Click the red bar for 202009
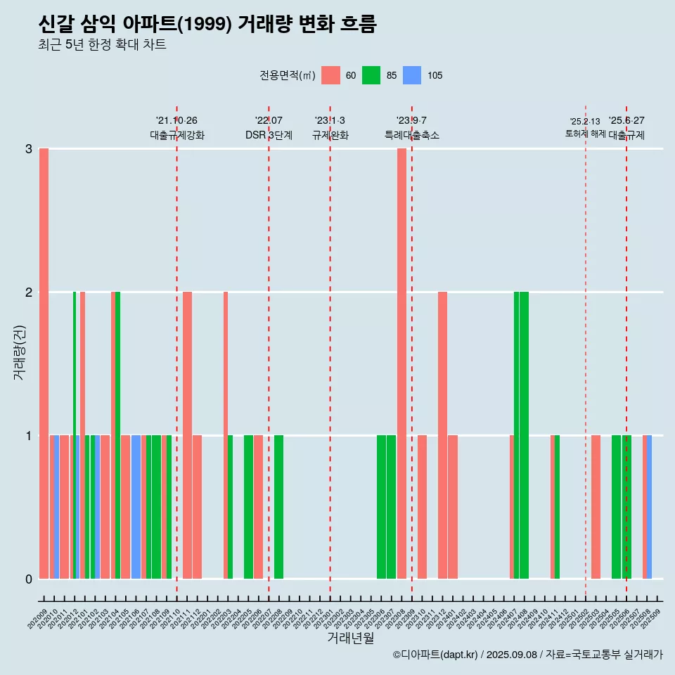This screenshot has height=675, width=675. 44,364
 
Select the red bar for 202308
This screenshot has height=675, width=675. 401,364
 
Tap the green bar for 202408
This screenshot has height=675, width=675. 524,435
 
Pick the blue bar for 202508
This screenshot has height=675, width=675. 649,507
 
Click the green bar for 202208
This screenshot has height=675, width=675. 279,507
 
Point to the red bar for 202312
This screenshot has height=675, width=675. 442,435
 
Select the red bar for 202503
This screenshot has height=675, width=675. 596,507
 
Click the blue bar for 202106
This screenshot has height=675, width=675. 136,507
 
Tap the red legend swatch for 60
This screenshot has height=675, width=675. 330,75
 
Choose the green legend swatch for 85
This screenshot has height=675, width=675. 371,75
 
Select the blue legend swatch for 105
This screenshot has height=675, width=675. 412,75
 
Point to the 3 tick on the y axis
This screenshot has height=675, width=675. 29,149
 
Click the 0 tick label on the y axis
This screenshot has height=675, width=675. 29,579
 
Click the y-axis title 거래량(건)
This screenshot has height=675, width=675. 20,352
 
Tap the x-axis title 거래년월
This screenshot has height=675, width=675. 350,638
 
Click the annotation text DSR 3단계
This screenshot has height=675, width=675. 269,135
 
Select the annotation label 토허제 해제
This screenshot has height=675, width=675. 586,134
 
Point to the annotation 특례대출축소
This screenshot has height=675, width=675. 411,135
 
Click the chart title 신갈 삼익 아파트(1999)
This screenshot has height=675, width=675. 207,25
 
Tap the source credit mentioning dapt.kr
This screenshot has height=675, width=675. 527,655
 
